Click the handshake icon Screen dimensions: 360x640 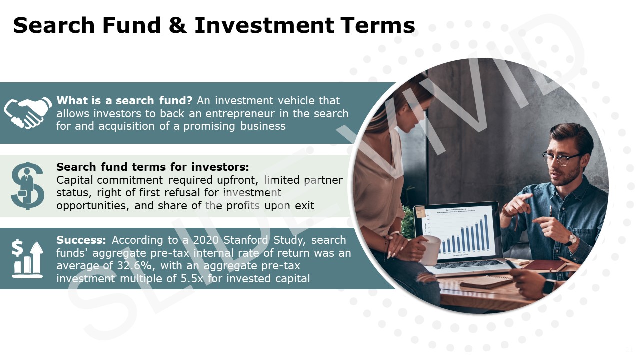[28, 112]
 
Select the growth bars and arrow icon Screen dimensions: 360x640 [28, 258]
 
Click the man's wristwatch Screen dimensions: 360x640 [570, 240]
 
